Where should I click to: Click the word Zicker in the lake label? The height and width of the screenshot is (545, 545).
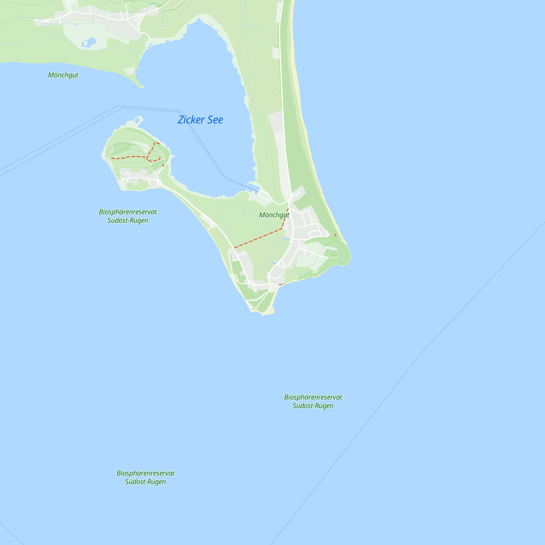191,120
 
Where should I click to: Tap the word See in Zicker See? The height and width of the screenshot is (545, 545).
215,120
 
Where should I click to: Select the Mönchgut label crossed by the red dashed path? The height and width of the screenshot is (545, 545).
274,215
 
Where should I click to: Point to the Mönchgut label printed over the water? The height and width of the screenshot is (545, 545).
63,75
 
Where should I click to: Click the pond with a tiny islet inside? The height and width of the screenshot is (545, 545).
89,43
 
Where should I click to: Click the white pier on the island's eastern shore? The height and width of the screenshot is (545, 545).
172,156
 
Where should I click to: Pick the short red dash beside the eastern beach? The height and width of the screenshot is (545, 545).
335,235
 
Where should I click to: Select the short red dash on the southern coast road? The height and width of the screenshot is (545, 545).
280,285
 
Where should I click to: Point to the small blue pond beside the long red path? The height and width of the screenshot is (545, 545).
286,239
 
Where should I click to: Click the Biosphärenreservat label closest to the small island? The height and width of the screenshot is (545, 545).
128,216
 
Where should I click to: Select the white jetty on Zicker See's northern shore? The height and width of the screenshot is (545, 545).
150,45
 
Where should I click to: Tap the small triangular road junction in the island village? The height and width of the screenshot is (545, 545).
160,183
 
